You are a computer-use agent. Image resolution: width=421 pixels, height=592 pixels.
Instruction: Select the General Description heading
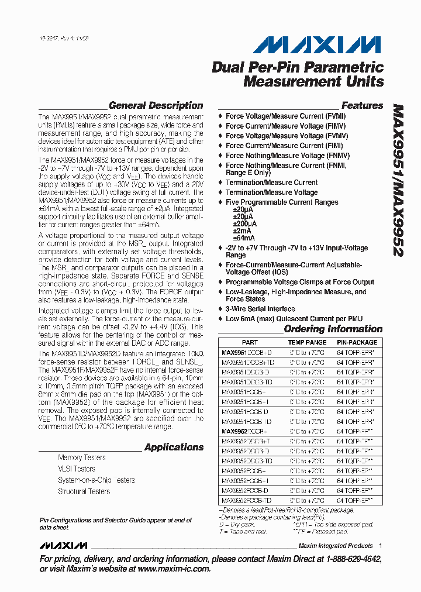click(x=156, y=106)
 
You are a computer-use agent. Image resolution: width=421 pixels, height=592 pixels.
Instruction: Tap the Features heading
click(x=362, y=106)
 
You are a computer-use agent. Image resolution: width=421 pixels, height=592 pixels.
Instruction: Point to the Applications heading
click(x=174, y=448)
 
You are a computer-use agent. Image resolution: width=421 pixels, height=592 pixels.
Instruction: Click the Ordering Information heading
click(x=333, y=329)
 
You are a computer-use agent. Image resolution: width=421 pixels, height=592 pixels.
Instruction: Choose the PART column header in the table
click(x=249, y=342)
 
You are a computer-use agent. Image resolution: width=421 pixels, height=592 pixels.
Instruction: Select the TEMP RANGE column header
click(x=307, y=342)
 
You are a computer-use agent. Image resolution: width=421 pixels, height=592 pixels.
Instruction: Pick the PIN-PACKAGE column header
click(x=357, y=342)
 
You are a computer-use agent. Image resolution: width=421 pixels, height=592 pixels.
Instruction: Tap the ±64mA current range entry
click(x=244, y=238)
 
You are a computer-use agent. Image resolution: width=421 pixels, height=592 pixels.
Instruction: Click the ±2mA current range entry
click(x=243, y=231)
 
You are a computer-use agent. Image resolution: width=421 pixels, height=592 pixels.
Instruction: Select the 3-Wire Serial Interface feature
click(x=260, y=309)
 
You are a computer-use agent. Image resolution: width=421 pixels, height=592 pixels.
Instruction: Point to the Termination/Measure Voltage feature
click(x=271, y=192)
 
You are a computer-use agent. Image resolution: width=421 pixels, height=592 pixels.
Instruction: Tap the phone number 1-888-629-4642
click(x=346, y=560)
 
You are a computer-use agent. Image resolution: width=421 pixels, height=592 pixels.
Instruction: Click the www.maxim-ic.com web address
click(x=174, y=569)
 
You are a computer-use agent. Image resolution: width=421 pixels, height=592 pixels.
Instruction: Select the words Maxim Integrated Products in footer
click(x=336, y=546)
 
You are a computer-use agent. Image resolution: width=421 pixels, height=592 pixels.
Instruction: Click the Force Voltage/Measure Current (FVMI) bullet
click(x=285, y=116)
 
